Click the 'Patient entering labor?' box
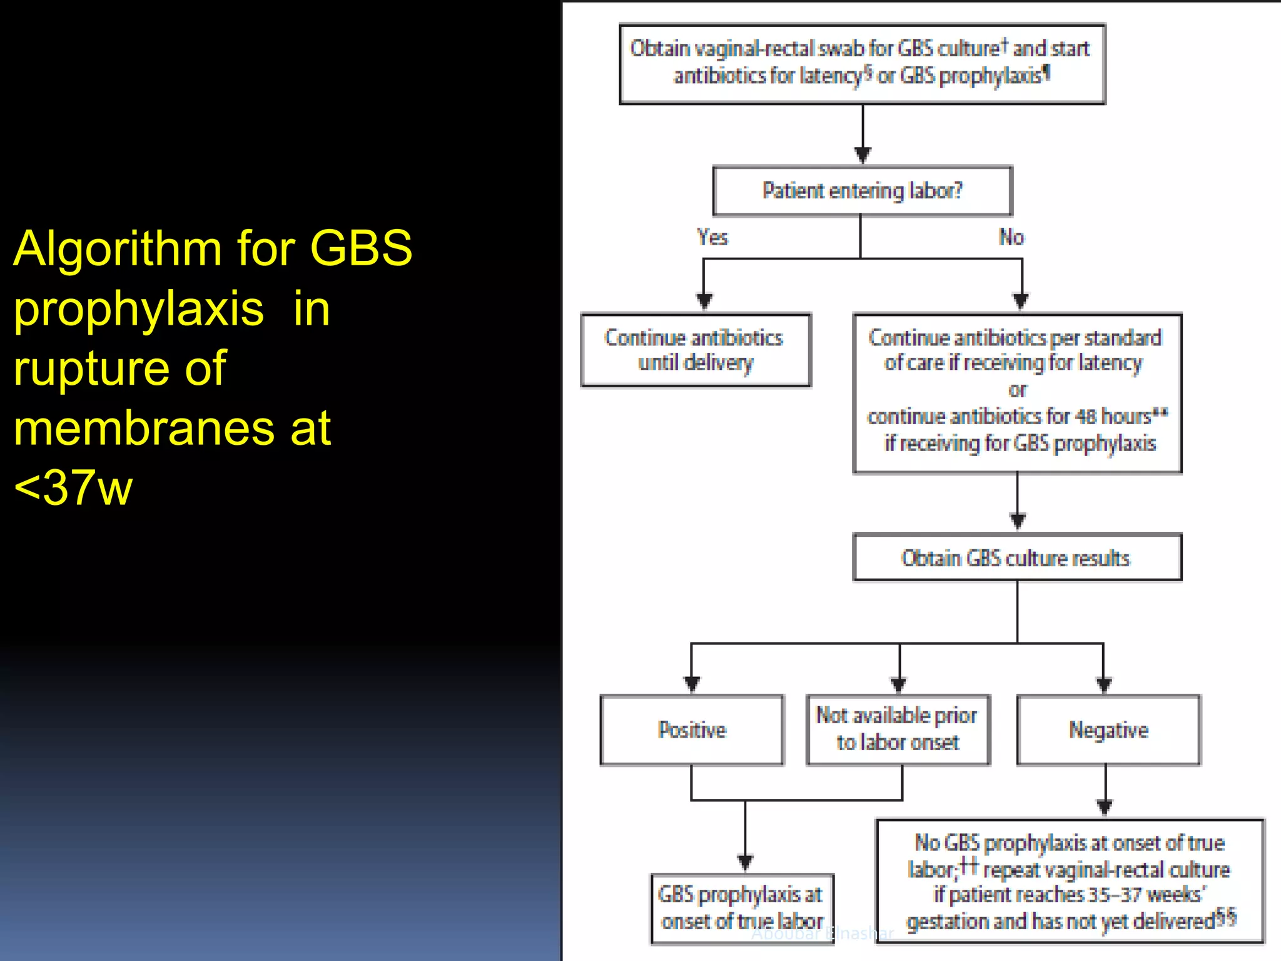[x=862, y=191]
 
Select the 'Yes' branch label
[x=712, y=237]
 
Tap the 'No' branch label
[x=1011, y=237]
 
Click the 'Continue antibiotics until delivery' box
[x=696, y=350]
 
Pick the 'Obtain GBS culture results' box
[x=1016, y=557]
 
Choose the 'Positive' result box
[x=692, y=730]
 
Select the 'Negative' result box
[x=1108, y=730]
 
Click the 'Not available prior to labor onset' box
[x=898, y=730]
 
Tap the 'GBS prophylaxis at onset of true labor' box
[x=742, y=908]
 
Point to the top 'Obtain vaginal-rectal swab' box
[x=862, y=63]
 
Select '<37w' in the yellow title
[x=73, y=488]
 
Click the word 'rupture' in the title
[x=91, y=369]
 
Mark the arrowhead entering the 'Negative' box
[x=1104, y=684]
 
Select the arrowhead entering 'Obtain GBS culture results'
[x=1018, y=521]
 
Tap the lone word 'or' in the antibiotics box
[x=1018, y=390]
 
